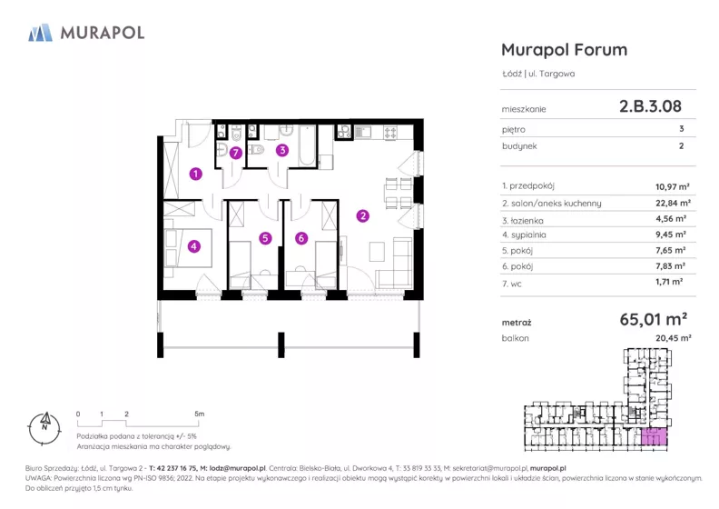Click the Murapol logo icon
(x=40, y=33)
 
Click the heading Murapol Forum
(x=564, y=50)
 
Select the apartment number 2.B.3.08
(x=650, y=106)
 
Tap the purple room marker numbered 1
(x=196, y=174)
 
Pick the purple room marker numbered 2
(x=363, y=215)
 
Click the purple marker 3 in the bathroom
(x=282, y=150)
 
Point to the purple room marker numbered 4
(x=194, y=246)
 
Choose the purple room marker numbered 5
(x=265, y=238)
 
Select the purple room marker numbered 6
(x=301, y=238)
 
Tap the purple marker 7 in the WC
(x=236, y=153)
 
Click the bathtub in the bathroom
(x=307, y=145)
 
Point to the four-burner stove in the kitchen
(x=390, y=133)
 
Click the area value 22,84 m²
(x=673, y=203)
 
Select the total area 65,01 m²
(x=653, y=319)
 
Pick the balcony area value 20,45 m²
(x=673, y=338)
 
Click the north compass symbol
(x=44, y=429)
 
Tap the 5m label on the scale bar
(x=200, y=414)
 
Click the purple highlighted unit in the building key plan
(x=654, y=436)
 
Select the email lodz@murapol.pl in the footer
(x=238, y=468)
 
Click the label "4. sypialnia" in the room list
(x=524, y=235)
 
